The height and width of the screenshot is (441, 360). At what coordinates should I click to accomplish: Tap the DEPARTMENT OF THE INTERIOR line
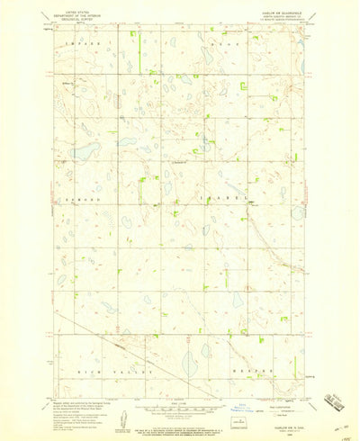(79, 14)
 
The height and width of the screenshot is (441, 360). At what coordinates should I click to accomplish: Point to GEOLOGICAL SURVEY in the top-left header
(79, 19)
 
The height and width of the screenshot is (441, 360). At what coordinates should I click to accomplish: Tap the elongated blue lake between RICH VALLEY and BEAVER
(190, 364)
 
